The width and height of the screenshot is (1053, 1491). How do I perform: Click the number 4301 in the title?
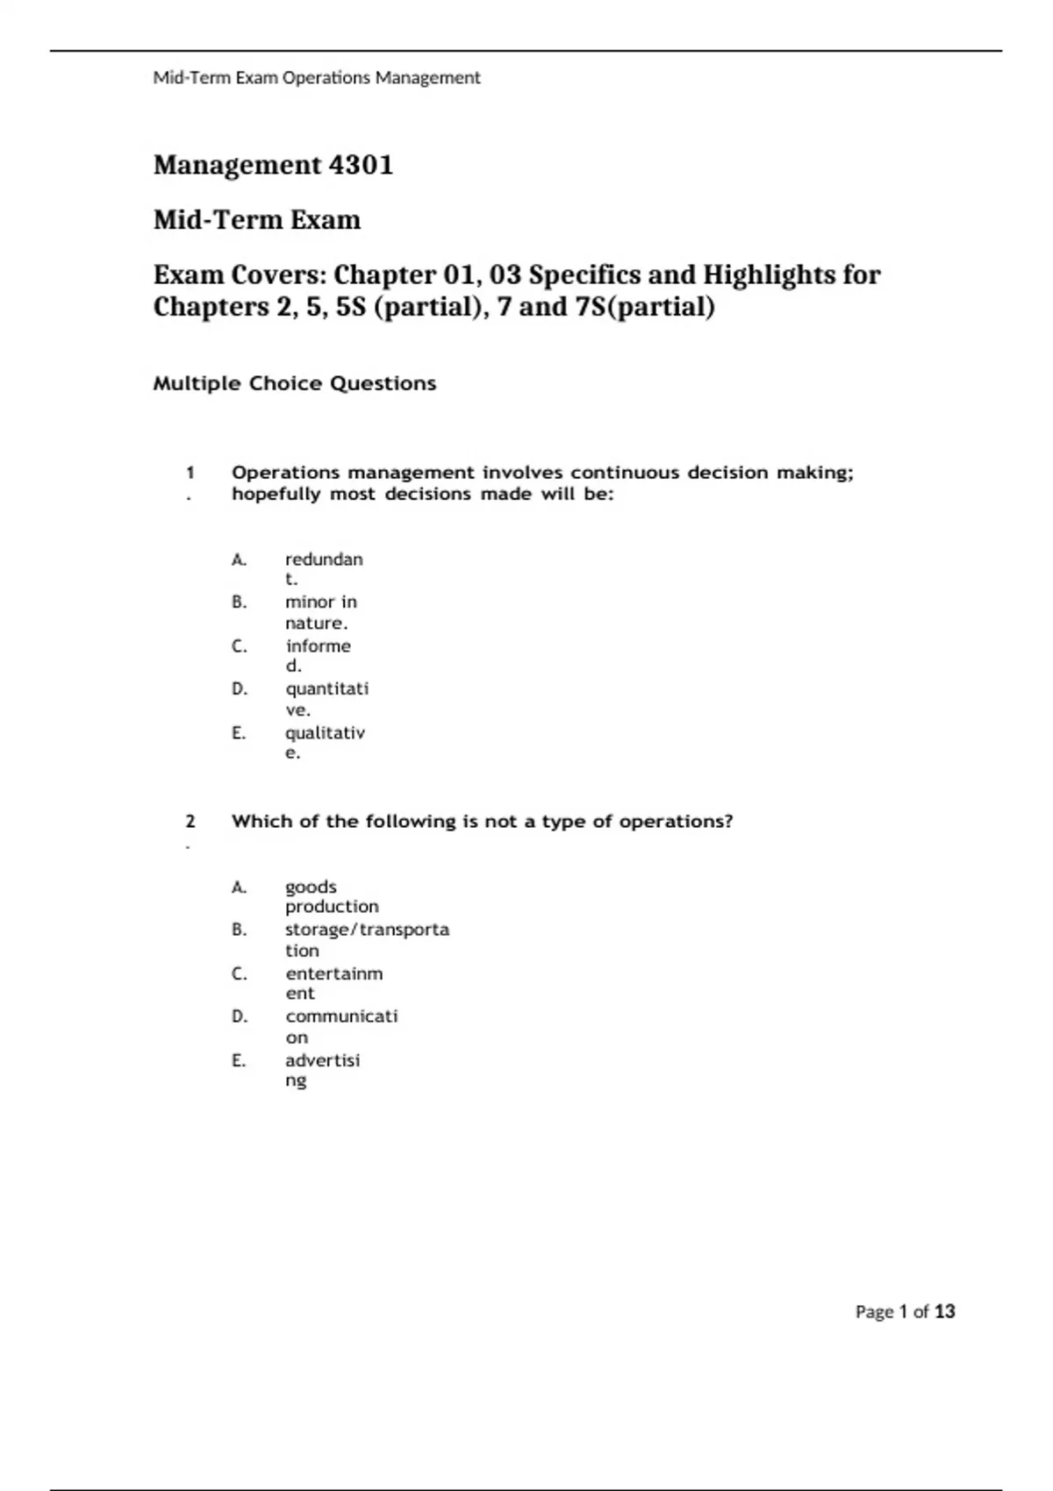360,165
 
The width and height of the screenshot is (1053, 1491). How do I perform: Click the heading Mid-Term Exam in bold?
256,219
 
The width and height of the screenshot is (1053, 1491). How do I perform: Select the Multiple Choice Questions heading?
294,383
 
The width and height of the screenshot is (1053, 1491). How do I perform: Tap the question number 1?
190,473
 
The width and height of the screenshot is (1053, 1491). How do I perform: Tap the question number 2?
190,822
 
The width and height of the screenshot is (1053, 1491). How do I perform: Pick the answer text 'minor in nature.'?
320,612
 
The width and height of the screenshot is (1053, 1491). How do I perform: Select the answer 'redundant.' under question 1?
323,568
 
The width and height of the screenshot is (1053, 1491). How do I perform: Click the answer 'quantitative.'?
326,698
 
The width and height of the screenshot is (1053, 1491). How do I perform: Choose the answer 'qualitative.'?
324,742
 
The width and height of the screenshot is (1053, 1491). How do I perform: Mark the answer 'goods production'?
331,896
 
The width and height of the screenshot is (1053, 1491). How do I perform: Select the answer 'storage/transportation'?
366,939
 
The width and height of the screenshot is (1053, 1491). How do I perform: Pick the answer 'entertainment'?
333,983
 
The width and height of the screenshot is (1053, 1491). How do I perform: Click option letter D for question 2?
240,1017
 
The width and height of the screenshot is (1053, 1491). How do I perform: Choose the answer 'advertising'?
322,1070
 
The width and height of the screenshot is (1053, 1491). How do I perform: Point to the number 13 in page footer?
944,1312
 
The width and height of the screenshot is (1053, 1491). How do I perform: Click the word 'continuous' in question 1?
626,473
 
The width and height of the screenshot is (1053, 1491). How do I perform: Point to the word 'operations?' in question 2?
676,822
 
